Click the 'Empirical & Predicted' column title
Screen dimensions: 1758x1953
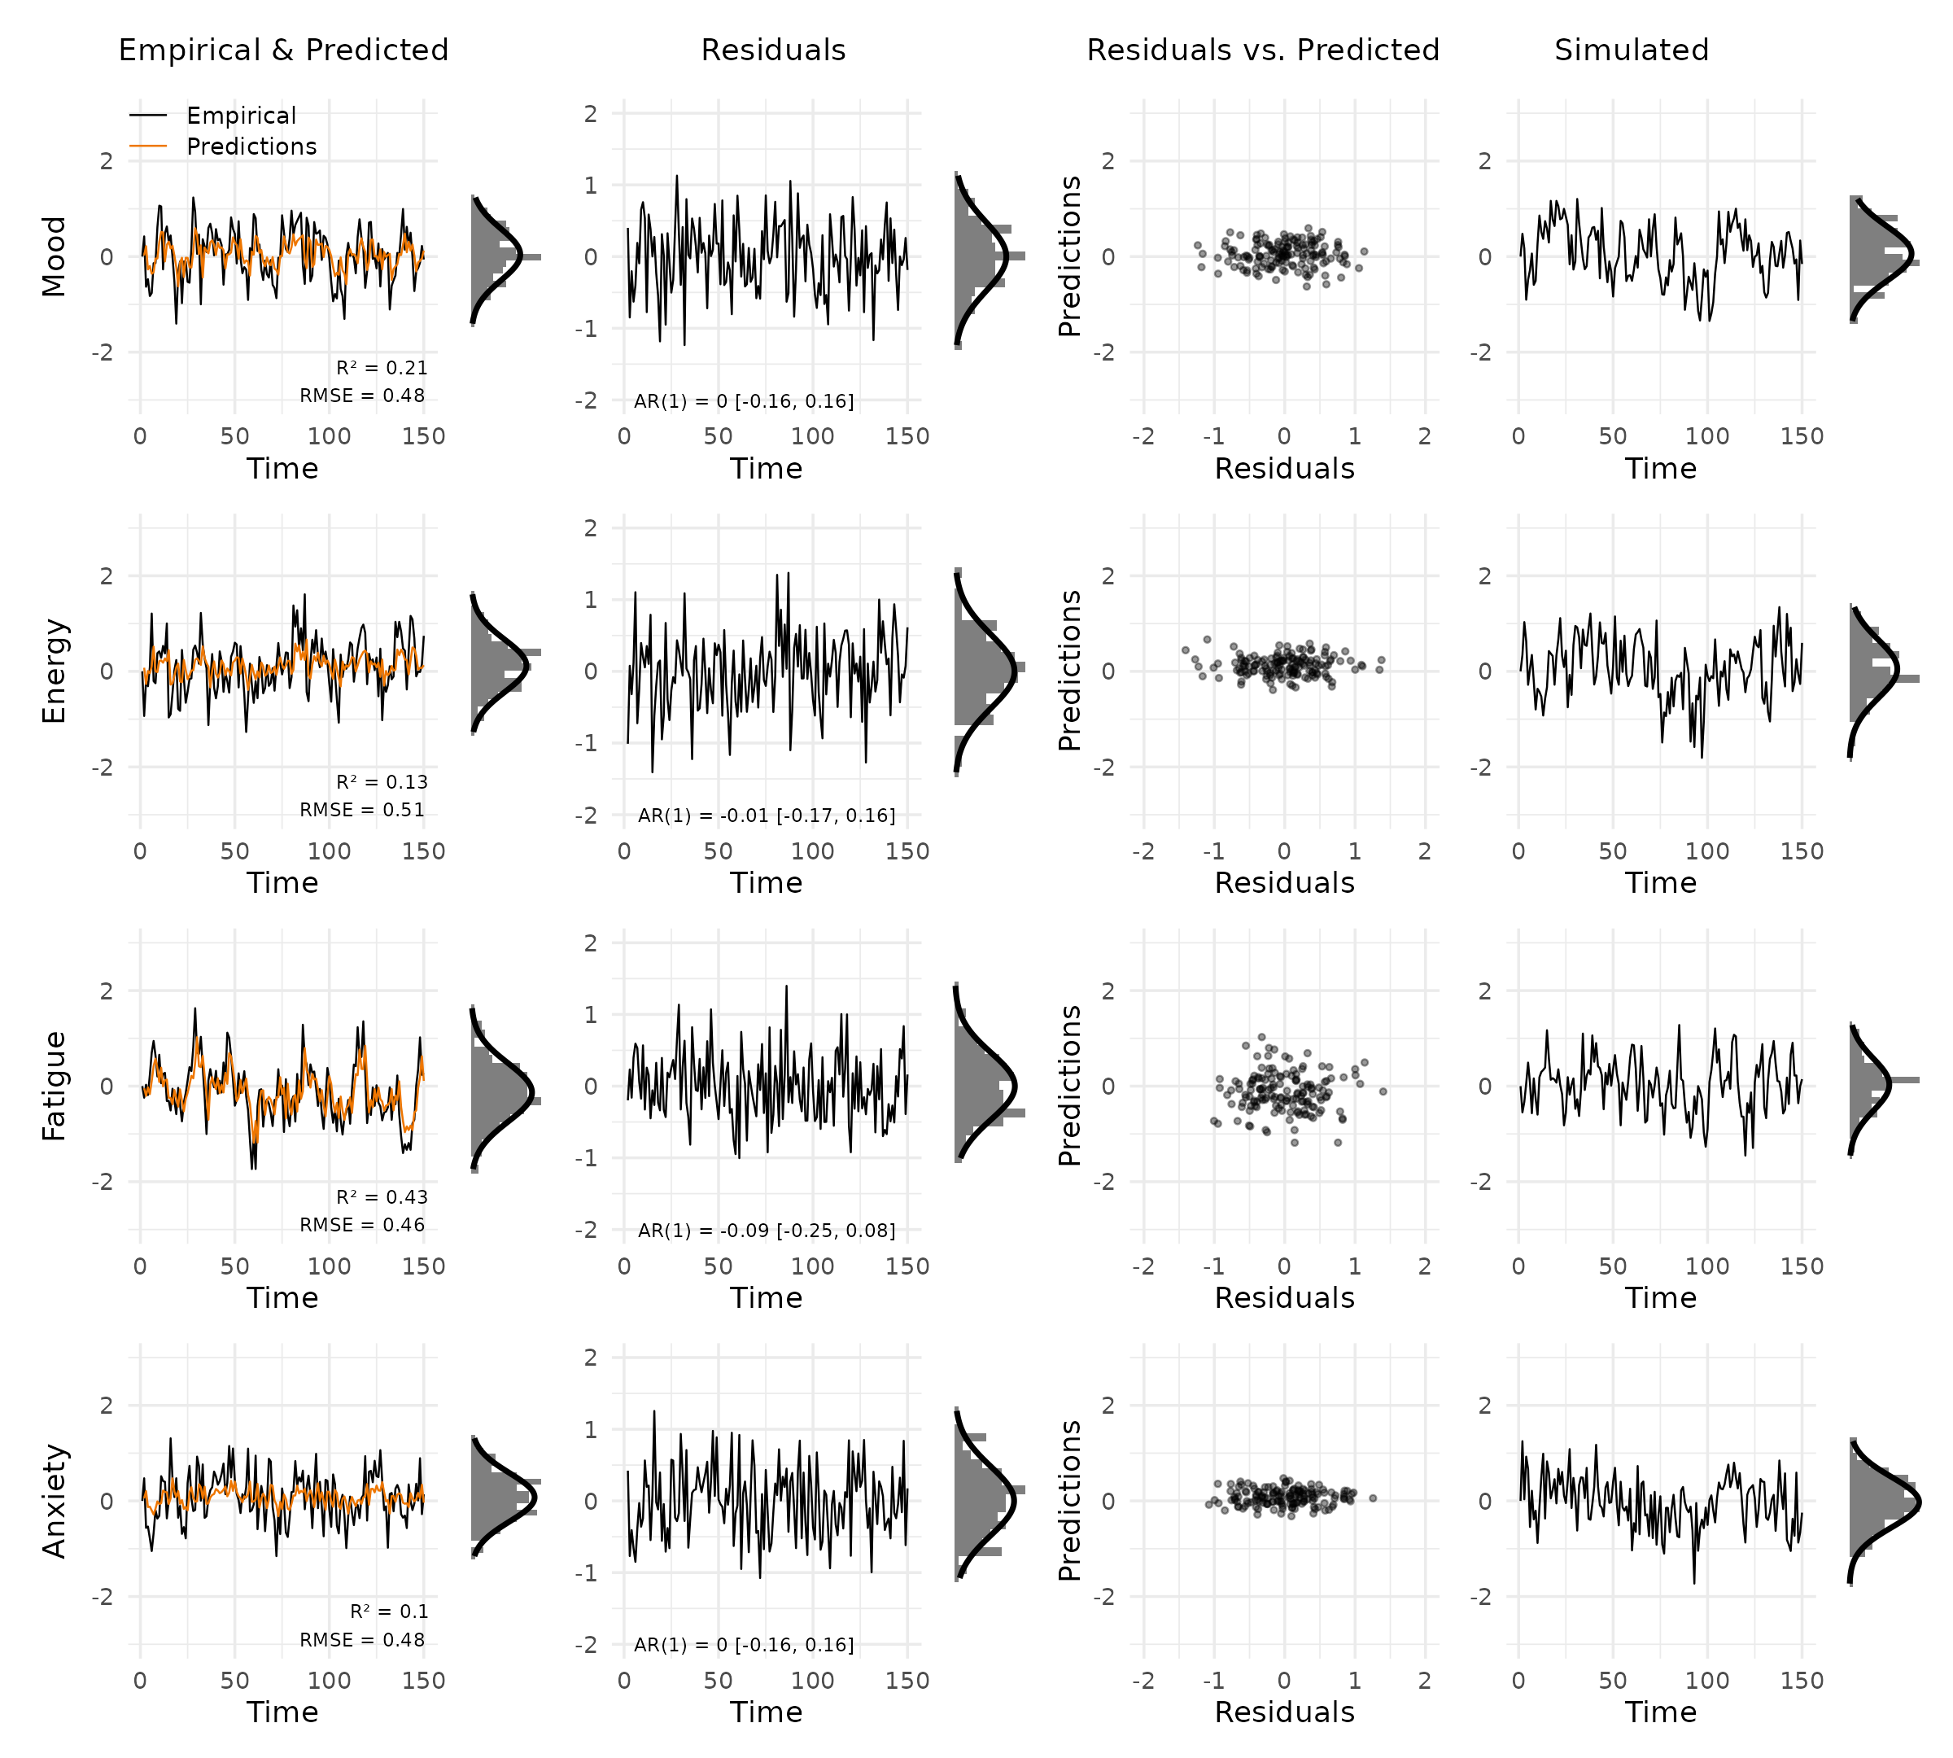coord(283,50)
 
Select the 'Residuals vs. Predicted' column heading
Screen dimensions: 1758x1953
coord(1262,50)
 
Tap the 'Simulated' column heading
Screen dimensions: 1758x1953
coord(1632,50)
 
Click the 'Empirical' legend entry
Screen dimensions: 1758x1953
coord(241,116)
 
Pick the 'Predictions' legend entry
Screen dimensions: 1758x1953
coord(251,146)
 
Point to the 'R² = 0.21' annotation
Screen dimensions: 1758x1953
coord(382,368)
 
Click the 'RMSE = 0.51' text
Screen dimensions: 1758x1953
coord(362,811)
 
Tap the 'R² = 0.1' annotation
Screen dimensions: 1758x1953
coord(388,1612)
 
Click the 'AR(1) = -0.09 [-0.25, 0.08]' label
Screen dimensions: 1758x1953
coord(767,1231)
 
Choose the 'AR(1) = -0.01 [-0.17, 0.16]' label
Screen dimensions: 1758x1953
coord(767,816)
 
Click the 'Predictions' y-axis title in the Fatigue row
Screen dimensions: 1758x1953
coord(1069,1086)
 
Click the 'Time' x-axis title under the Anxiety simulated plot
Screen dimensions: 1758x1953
coord(1660,1712)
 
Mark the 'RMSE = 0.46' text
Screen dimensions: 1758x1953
coord(362,1226)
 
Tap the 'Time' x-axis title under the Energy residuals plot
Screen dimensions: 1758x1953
coord(766,884)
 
